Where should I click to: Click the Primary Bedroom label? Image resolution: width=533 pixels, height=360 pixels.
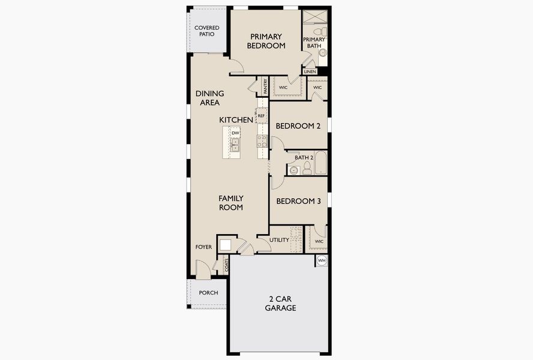click(x=266, y=41)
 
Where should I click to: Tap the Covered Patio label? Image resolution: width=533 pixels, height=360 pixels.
click(x=206, y=31)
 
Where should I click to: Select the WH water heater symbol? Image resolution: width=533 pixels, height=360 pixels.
click(x=322, y=260)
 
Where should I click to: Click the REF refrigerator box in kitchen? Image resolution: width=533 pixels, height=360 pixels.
click(x=261, y=116)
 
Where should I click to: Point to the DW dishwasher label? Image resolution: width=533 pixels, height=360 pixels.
click(x=235, y=133)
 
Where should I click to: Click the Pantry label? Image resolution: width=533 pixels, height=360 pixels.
click(x=265, y=86)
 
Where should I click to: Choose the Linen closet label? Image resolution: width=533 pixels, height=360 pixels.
click(x=310, y=72)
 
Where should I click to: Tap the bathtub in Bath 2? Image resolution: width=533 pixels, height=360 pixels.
click(x=321, y=163)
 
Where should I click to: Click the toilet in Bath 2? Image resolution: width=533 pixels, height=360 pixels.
click(x=307, y=168)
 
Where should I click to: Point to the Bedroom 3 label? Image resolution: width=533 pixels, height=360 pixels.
click(x=298, y=201)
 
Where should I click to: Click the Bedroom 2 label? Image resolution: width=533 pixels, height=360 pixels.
click(x=298, y=126)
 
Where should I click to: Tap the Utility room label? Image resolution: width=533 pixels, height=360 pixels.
click(x=279, y=240)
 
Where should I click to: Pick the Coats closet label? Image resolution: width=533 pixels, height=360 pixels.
click(x=226, y=265)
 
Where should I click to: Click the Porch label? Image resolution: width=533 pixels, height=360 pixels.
click(x=208, y=293)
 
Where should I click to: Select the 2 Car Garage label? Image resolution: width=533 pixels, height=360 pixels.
click(x=280, y=304)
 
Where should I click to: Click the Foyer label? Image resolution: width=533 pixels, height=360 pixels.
click(x=203, y=247)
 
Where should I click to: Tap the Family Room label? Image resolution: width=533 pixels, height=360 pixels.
click(x=231, y=203)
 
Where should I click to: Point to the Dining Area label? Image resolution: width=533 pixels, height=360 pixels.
click(x=209, y=98)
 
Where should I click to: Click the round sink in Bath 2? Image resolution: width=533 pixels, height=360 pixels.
click(x=294, y=170)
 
